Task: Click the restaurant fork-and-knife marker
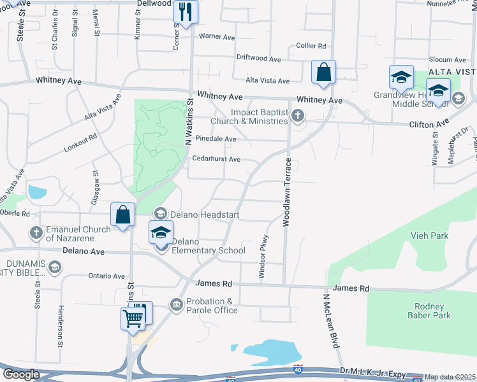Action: click(x=186, y=12)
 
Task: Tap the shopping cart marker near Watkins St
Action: click(x=133, y=317)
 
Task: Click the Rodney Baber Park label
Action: click(x=432, y=311)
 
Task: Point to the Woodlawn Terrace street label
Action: click(x=287, y=193)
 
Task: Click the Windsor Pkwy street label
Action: click(x=262, y=258)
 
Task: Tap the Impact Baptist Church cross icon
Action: click(x=298, y=116)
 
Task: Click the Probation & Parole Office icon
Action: click(x=177, y=305)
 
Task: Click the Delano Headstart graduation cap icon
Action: click(x=161, y=214)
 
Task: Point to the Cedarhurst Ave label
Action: click(x=216, y=159)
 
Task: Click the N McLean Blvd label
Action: click(x=330, y=321)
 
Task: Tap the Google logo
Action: click(x=21, y=374)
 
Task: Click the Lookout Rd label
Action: click(x=80, y=143)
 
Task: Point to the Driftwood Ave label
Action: click(x=259, y=59)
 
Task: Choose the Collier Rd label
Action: click(x=311, y=46)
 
